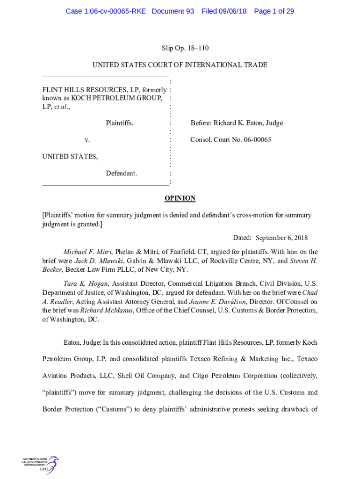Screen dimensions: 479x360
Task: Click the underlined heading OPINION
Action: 180,198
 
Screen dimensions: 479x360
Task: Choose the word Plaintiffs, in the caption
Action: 120,123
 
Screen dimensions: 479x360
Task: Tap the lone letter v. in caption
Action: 87,140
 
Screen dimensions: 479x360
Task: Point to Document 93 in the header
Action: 173,11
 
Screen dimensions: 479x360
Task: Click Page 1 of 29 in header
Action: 274,11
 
